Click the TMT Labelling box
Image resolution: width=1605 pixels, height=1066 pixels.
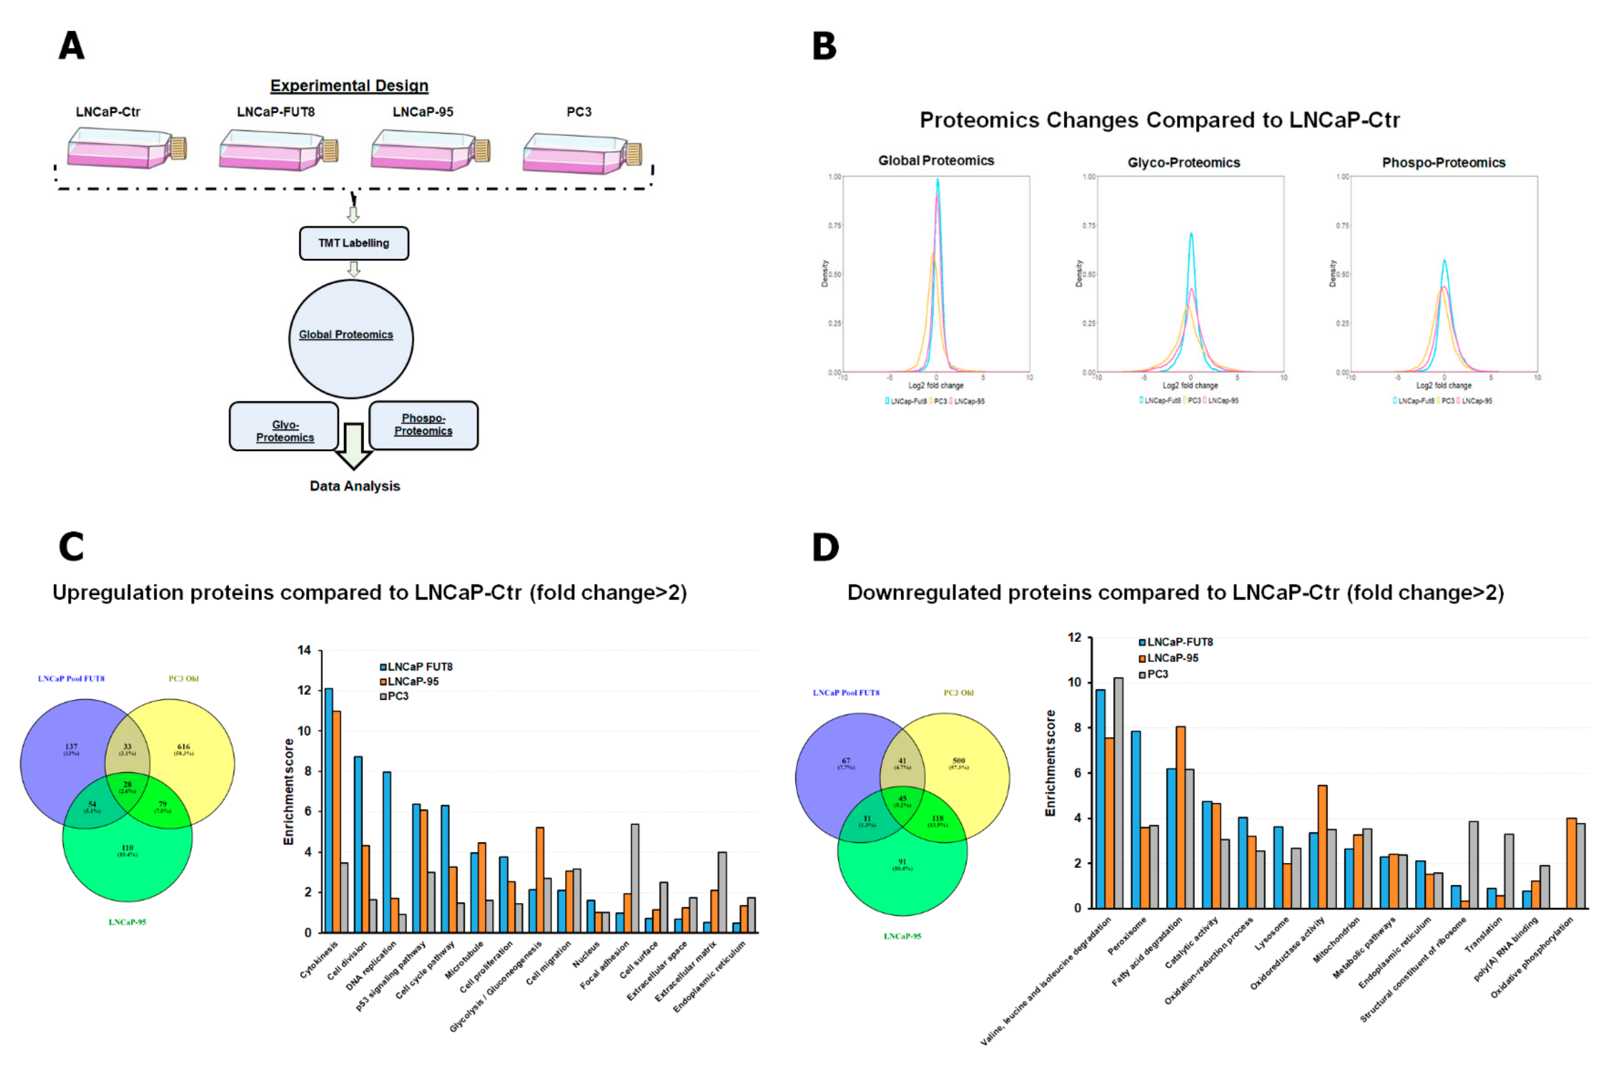click(354, 243)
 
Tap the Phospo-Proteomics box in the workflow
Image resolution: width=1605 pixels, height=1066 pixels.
click(423, 425)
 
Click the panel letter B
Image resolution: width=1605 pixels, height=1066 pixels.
click(824, 46)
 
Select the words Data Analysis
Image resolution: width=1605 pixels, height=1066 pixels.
click(354, 486)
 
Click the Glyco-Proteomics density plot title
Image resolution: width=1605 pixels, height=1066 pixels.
click(1183, 163)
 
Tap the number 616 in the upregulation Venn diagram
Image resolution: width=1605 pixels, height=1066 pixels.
click(184, 746)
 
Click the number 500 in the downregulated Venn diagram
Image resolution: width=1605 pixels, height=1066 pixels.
click(958, 761)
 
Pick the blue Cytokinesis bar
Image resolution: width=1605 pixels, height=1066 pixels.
click(329, 809)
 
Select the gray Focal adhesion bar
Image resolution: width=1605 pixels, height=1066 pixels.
click(634, 877)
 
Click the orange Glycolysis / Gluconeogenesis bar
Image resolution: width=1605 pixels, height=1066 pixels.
click(540, 879)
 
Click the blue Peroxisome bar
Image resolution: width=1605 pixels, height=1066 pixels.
click(1136, 819)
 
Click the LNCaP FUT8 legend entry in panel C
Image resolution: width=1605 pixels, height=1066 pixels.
click(416, 667)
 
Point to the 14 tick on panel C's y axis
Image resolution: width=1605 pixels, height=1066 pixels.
click(304, 650)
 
